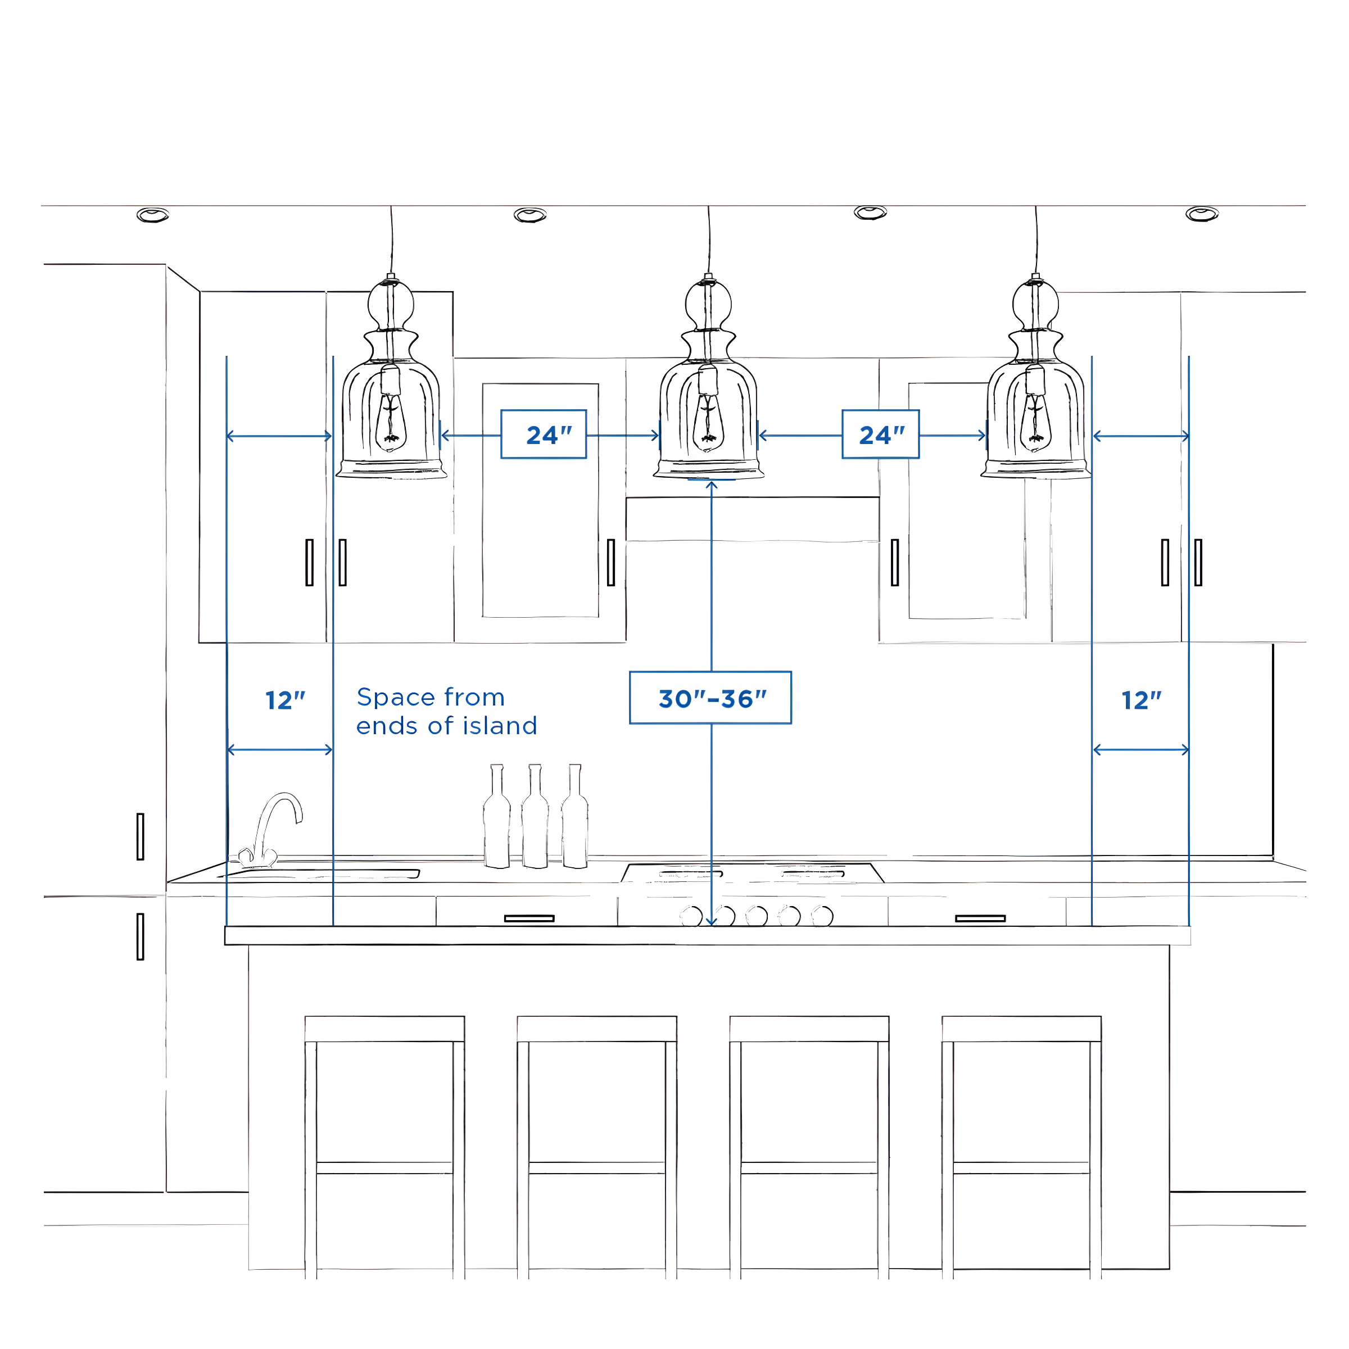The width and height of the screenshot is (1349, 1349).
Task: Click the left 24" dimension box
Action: [x=543, y=434]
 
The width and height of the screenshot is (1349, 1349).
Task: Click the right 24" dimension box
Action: [x=880, y=434]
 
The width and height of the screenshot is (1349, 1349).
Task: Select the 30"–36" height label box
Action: [x=710, y=698]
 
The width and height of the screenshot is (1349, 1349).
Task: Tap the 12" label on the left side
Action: [x=285, y=700]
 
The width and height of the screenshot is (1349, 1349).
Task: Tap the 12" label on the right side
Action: [x=1141, y=700]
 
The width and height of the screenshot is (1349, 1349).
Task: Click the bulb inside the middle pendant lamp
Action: [x=708, y=423]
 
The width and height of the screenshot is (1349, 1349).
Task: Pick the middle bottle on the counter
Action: [x=535, y=821]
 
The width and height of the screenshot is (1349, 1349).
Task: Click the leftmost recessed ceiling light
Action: [x=152, y=215]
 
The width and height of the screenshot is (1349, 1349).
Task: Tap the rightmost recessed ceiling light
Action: [x=1202, y=214]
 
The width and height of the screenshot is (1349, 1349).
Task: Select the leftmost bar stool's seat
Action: [x=384, y=1029]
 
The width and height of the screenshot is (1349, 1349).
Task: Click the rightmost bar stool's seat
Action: [x=1021, y=1029]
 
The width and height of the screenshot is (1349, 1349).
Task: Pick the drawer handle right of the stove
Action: [x=980, y=918]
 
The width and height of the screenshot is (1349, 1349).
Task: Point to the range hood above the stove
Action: [x=752, y=519]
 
